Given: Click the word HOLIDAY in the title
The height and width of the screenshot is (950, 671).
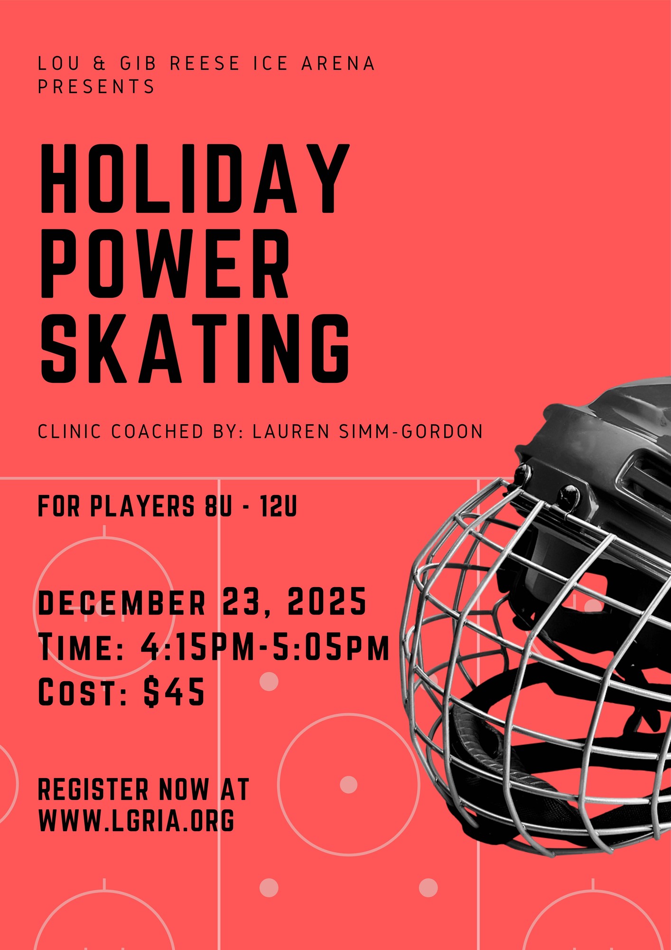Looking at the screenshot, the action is point(195,178).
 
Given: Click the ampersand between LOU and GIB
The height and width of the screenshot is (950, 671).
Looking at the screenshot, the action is point(100,63).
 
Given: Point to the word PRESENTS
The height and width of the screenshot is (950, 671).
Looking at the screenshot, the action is point(96,86).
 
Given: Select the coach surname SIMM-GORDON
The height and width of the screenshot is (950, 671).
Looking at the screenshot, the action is point(411,431).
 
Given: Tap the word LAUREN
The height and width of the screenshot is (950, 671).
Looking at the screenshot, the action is point(291,431).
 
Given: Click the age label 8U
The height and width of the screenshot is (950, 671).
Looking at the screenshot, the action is point(218,506).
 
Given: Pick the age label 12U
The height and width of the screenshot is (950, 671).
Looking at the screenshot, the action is point(279,506).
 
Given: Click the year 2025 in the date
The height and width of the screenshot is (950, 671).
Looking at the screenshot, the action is point(327,601).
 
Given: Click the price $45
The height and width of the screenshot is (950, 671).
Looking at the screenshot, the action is point(174,692).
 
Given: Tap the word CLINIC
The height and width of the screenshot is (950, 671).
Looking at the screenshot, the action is point(69,431).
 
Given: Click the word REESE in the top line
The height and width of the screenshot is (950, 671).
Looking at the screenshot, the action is point(205,63).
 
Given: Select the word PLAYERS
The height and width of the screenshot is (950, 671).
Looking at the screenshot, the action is point(142,506).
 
